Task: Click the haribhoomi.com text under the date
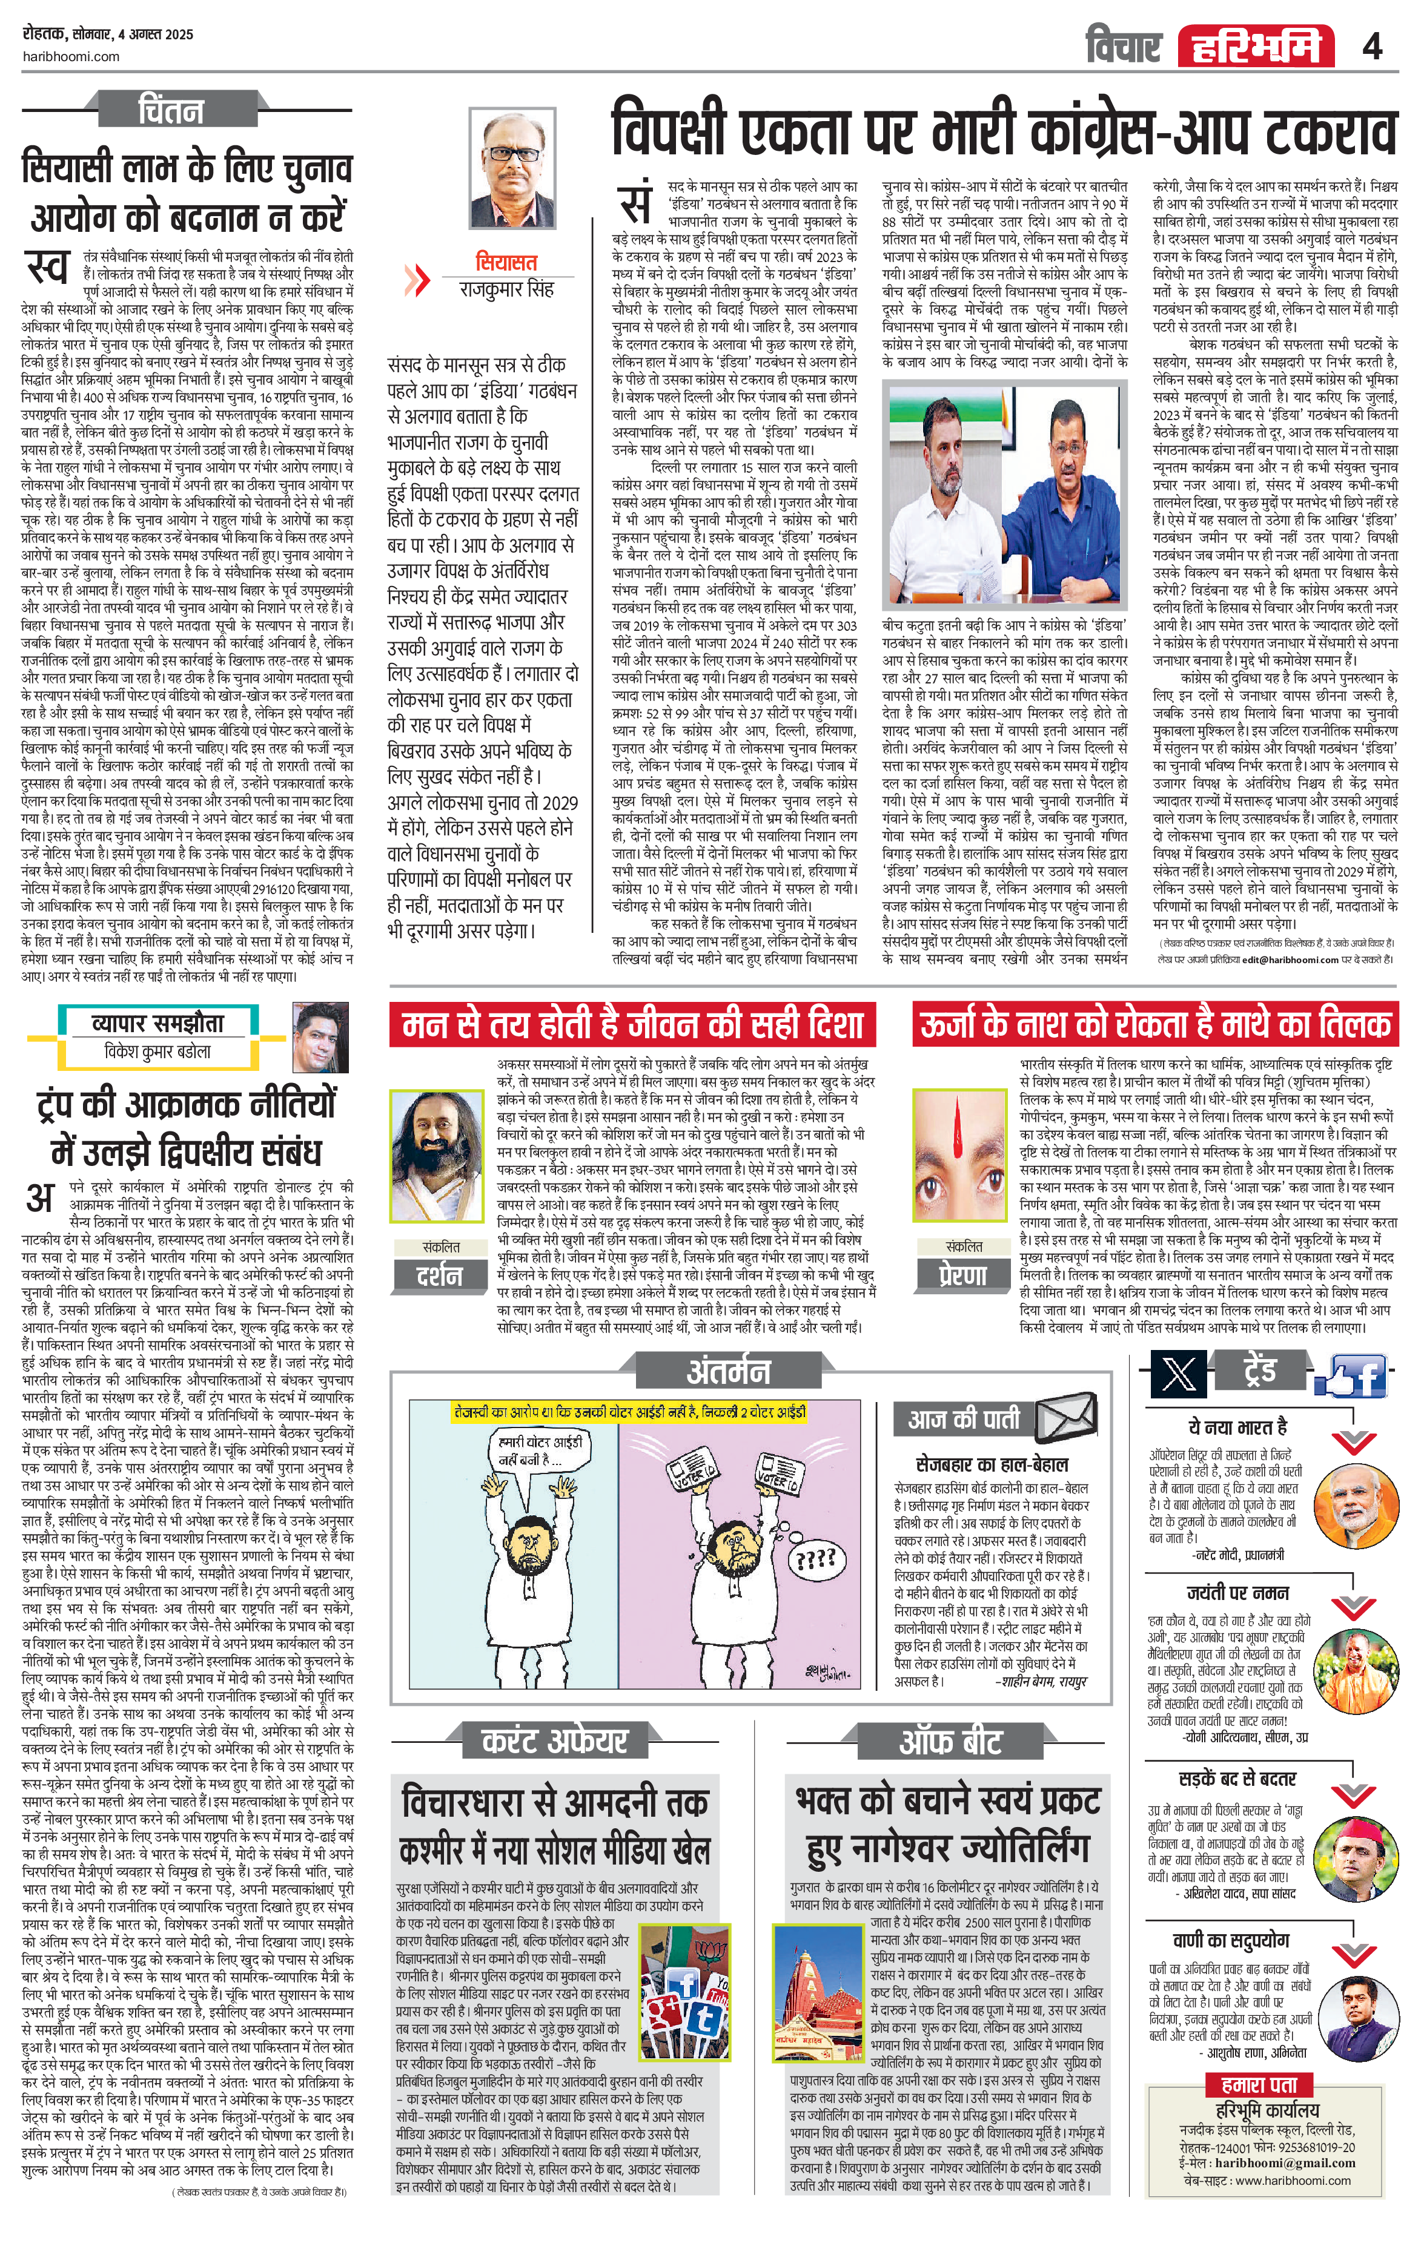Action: point(70,56)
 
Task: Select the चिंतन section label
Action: point(171,110)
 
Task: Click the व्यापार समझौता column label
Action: point(157,1022)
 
